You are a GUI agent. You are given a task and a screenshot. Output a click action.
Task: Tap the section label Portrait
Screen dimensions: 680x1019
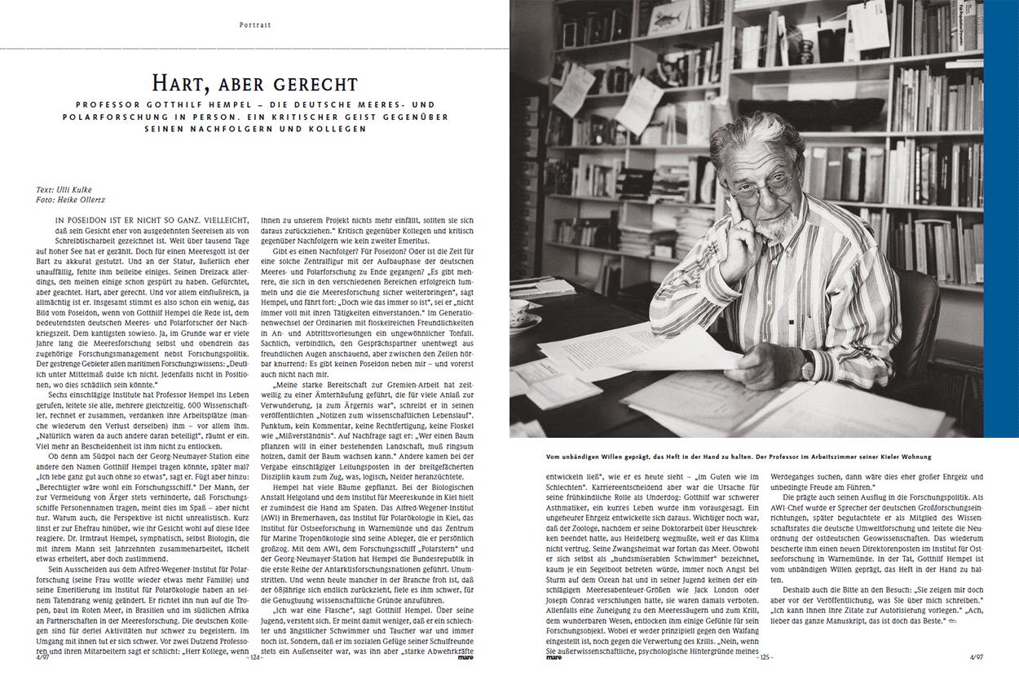coord(255,25)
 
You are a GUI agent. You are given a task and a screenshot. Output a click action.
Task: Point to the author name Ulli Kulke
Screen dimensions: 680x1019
coord(79,190)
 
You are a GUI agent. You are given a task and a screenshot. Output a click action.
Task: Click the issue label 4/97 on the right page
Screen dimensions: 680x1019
coord(976,656)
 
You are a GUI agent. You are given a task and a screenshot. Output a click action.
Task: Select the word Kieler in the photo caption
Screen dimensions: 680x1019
coord(880,457)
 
